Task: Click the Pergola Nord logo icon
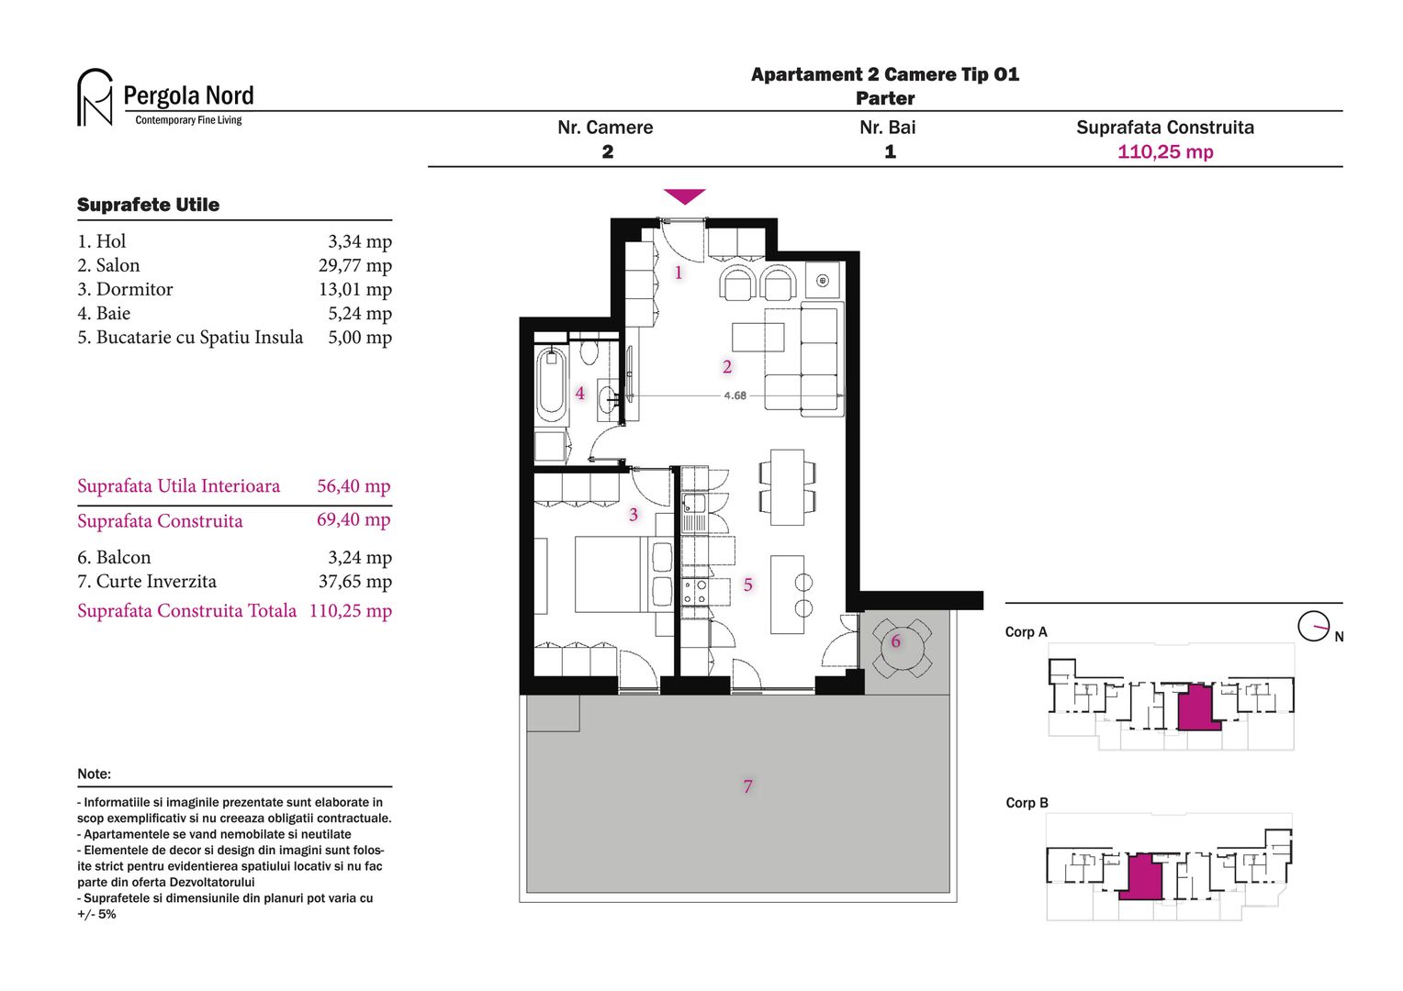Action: (x=95, y=96)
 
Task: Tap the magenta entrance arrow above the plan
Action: (x=684, y=195)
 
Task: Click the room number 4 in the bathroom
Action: (x=579, y=394)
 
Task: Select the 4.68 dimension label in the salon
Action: (x=735, y=395)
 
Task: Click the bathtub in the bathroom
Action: (x=552, y=384)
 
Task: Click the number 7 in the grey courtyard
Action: (x=747, y=786)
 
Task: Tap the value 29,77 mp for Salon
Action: (x=354, y=265)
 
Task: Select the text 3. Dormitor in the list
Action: (x=125, y=289)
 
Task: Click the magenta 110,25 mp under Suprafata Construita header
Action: (x=1164, y=152)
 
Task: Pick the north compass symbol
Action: (x=1313, y=627)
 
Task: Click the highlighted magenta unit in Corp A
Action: (x=1196, y=707)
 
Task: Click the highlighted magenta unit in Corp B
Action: (x=1141, y=876)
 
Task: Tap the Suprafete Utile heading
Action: (x=148, y=205)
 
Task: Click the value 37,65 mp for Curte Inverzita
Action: (x=354, y=581)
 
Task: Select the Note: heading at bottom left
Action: (x=94, y=774)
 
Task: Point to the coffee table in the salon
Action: (x=758, y=337)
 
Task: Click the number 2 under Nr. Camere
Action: (x=607, y=152)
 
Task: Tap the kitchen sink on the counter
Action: (x=693, y=503)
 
